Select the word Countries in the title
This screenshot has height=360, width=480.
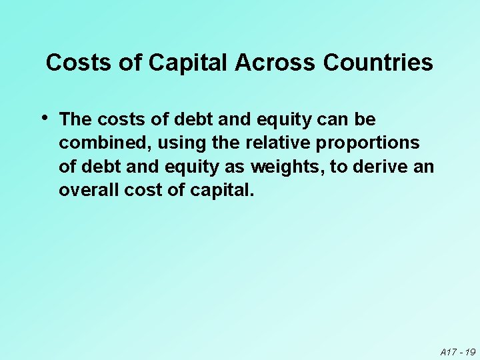(378, 63)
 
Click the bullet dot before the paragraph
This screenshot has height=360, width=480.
(45, 117)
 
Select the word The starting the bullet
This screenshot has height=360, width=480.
(75, 120)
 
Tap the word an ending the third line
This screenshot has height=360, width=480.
(424, 167)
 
